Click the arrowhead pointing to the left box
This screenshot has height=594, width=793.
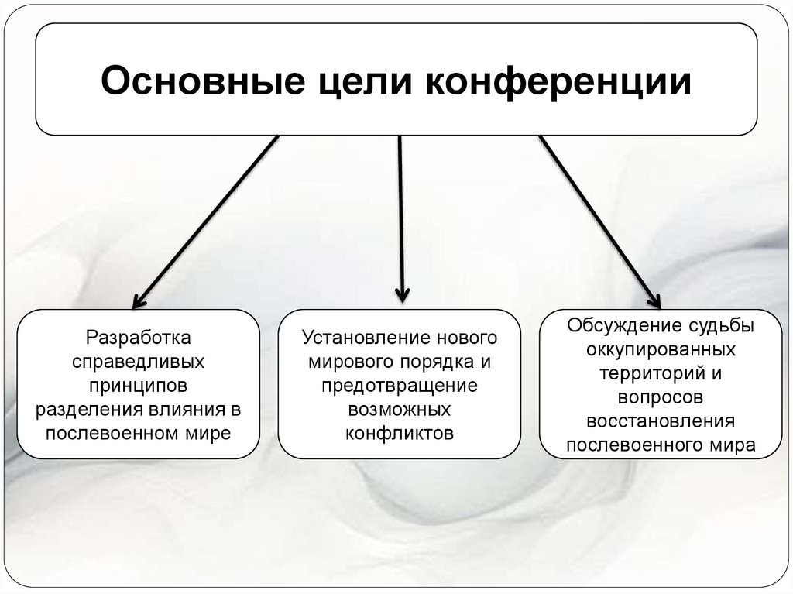(139, 299)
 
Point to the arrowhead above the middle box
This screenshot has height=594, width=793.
(401, 294)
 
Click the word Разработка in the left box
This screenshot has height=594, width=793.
(138, 338)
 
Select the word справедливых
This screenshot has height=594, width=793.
(138, 362)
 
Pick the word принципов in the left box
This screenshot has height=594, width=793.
(138, 385)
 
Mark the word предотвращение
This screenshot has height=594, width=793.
(399, 385)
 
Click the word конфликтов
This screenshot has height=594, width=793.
(399, 432)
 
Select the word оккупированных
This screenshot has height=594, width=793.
(661, 349)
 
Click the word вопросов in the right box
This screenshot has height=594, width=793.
(661, 397)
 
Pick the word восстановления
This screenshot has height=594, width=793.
(661, 421)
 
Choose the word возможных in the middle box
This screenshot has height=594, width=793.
(399, 409)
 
